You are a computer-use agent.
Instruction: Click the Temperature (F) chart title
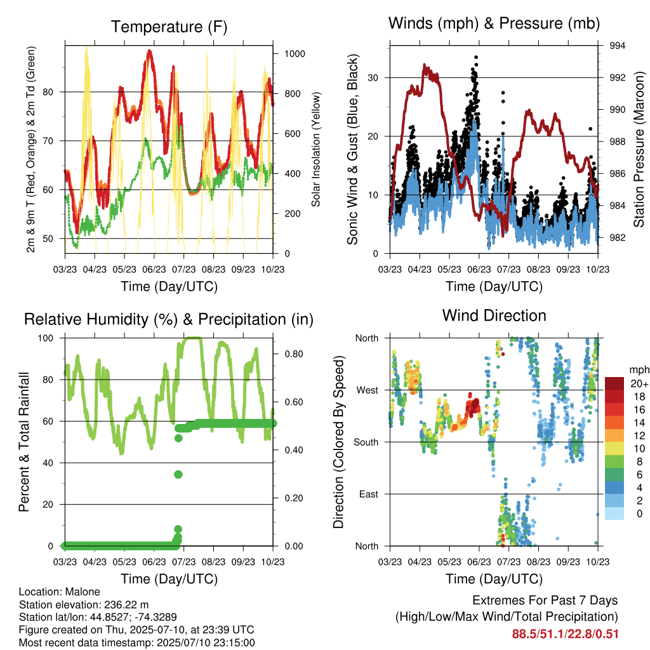tap(169, 27)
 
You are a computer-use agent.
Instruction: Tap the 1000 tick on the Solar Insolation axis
tap(295, 54)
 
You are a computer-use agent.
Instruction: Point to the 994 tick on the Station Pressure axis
tap(617, 46)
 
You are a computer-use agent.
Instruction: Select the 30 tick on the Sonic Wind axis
tap(373, 77)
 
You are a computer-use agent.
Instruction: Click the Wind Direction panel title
tap(494, 315)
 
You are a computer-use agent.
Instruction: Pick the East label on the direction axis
tap(369, 494)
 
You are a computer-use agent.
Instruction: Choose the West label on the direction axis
tap(368, 390)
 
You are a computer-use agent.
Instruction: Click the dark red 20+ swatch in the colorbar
tap(614, 383)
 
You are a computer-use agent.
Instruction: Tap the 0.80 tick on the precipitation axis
tap(294, 354)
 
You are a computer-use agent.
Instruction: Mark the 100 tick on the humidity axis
tap(46, 338)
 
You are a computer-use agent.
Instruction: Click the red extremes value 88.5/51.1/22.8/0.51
tap(565, 634)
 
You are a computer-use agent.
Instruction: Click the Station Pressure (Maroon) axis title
tap(639, 149)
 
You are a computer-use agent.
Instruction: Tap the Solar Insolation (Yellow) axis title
tap(316, 149)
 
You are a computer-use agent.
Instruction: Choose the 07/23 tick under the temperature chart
tap(183, 269)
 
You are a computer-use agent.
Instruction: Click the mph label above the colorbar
tap(639, 369)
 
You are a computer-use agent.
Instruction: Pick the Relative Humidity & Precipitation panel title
tap(169, 319)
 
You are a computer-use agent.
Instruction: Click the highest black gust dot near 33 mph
tap(476, 57)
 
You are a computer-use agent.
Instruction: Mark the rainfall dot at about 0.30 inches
tap(178, 474)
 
